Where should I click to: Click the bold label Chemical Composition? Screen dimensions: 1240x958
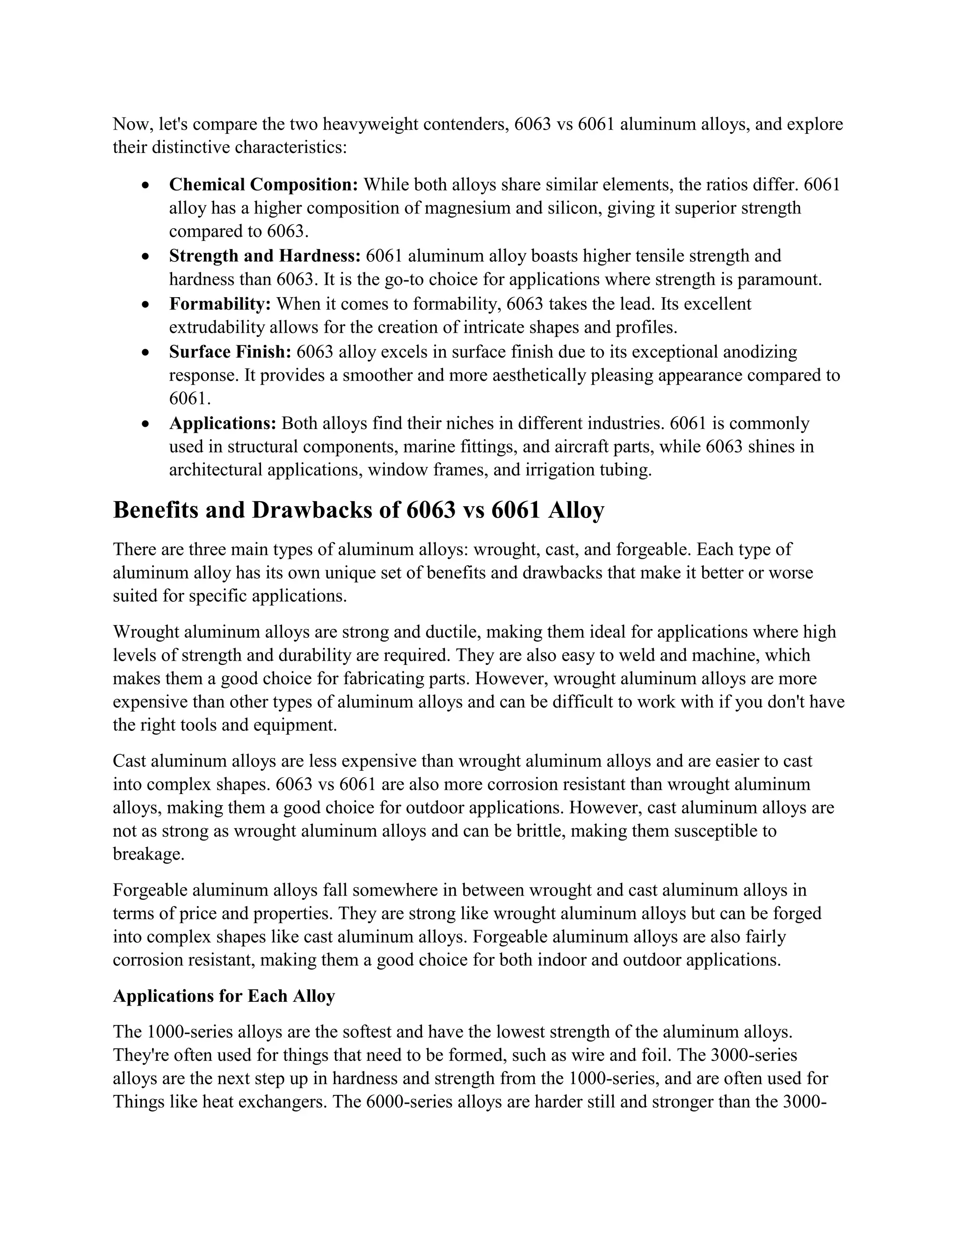[x=263, y=184]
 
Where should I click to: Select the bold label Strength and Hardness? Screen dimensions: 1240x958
[x=264, y=256]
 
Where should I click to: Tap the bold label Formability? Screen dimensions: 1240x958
[x=220, y=304]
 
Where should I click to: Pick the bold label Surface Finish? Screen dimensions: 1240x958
[x=230, y=352]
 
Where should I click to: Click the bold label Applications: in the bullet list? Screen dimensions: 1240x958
[x=223, y=423]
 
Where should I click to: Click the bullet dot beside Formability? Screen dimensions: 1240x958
[x=146, y=305]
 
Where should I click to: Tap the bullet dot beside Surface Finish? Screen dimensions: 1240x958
[x=146, y=353]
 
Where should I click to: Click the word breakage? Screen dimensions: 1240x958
[x=148, y=854]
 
